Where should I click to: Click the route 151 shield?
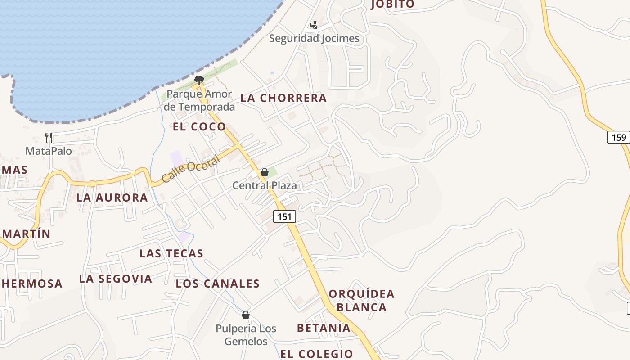tap(284, 216)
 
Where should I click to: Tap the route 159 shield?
tap(619, 137)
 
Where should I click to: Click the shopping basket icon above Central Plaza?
tap(265, 172)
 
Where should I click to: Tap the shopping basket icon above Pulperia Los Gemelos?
tap(245, 315)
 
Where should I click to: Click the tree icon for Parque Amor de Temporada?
tap(198, 81)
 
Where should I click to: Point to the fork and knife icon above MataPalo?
tap(49, 137)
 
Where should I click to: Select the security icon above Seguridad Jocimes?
tap(314, 25)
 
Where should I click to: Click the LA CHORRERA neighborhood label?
tap(283, 98)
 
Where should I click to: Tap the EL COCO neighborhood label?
tap(199, 126)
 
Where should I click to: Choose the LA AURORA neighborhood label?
tap(112, 198)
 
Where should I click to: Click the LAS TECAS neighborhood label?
tap(171, 253)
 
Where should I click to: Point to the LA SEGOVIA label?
tap(116, 279)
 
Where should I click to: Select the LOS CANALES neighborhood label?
tap(218, 283)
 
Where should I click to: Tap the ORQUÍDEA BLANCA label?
tap(361, 301)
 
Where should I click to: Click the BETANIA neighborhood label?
tap(324, 328)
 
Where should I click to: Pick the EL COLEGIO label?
tap(317, 354)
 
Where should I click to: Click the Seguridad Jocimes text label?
tap(314, 38)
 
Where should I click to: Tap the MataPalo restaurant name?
tap(49, 151)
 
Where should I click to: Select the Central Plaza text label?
tap(265, 185)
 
